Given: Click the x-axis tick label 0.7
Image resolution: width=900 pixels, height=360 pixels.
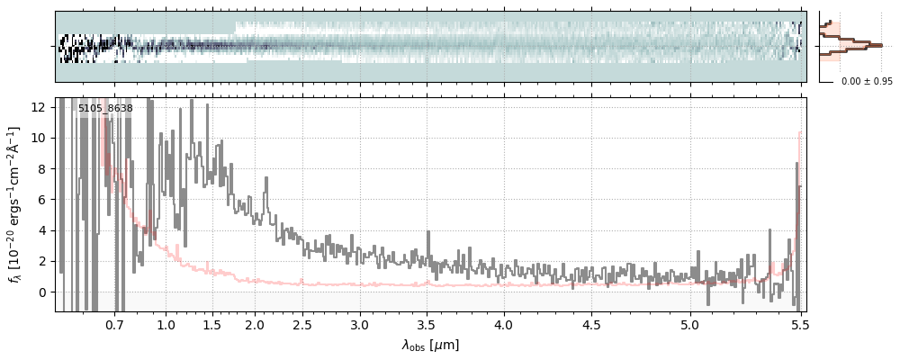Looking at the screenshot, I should [114, 323].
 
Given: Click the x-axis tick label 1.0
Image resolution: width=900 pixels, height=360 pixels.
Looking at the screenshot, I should [166, 323].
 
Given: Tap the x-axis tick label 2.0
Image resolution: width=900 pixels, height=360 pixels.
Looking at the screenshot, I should [255, 323].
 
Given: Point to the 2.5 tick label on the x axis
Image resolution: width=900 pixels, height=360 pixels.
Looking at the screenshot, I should [302, 323].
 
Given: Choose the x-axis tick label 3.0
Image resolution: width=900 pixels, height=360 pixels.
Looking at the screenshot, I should [360, 323].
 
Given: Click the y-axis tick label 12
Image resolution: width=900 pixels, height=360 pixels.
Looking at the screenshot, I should [39, 107].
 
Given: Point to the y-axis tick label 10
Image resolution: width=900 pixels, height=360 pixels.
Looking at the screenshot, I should [39, 138].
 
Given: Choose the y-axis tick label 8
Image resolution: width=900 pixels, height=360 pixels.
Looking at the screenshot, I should [42, 168].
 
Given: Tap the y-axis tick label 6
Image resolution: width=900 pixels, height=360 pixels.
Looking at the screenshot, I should [42, 200].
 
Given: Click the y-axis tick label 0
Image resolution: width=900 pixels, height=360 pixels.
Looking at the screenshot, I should [42, 292].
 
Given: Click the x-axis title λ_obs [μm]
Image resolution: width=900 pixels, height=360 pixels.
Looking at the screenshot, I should [430, 345].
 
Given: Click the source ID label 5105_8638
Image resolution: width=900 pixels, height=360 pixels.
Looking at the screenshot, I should [105, 109].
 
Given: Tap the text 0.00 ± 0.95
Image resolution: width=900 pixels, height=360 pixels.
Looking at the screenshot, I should [867, 82].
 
